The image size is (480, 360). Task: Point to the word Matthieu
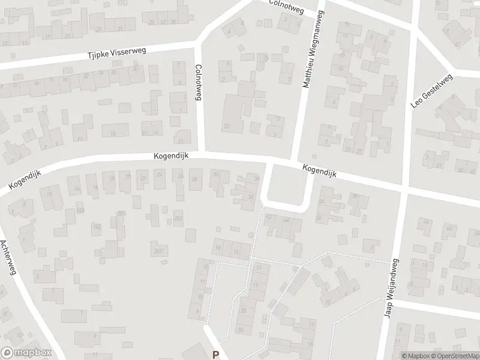tap(307, 71)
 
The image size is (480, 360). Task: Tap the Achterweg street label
tap(7, 258)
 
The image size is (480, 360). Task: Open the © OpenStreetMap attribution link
tap(451, 355)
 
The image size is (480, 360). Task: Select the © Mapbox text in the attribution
tap(415, 355)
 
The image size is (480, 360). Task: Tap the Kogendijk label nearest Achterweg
tap(25, 179)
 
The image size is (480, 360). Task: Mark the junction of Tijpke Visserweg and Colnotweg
tap(198, 46)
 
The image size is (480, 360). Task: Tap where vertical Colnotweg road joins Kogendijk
tap(202, 153)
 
